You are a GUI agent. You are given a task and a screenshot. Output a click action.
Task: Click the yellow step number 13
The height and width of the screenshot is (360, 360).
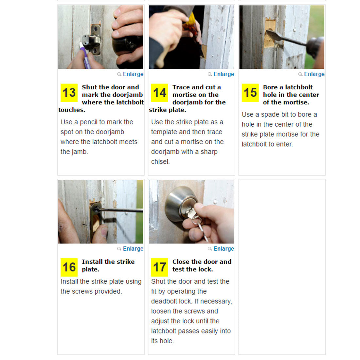click(69, 93)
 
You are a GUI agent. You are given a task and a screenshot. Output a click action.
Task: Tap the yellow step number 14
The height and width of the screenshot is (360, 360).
click(160, 93)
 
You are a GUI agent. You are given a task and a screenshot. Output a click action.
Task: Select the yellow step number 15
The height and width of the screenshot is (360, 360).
click(250, 93)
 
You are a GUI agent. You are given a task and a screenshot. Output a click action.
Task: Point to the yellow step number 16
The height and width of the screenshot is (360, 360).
click(69, 267)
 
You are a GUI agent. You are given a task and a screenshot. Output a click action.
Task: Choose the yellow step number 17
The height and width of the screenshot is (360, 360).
click(160, 267)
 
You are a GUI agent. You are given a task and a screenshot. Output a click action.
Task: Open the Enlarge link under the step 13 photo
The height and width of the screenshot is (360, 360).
click(133, 74)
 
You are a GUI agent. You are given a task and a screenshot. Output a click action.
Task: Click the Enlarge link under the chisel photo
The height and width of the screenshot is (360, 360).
click(224, 74)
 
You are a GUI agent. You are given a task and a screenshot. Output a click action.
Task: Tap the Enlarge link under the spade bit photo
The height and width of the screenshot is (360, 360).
click(314, 74)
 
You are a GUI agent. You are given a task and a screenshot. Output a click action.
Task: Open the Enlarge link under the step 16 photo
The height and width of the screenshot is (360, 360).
click(133, 249)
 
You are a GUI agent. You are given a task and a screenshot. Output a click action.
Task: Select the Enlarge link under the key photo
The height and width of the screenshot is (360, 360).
click(224, 249)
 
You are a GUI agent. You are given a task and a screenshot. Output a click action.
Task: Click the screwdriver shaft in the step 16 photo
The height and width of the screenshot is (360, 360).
click(119, 210)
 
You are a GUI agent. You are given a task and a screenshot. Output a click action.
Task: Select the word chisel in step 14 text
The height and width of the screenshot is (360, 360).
click(160, 162)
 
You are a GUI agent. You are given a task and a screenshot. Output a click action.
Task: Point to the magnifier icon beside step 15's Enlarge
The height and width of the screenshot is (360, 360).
click(300, 74)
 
